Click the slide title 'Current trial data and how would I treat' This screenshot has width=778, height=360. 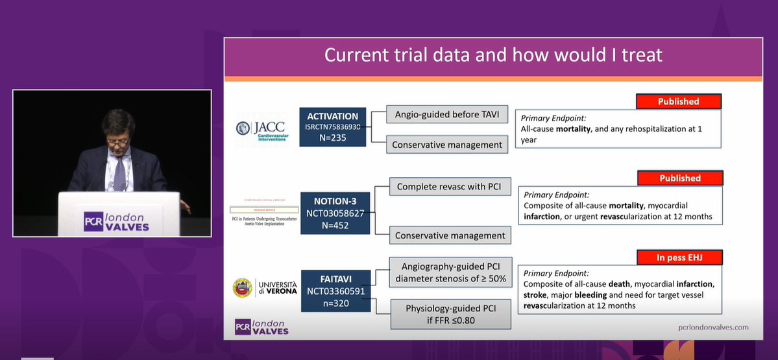(x=493, y=54)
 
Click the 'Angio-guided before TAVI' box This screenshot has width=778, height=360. (x=447, y=115)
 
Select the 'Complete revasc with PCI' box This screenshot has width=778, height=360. (x=450, y=187)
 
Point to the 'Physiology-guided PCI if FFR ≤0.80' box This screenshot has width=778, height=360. (x=450, y=314)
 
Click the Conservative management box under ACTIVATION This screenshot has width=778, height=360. (x=447, y=145)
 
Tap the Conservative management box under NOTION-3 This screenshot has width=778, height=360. (x=450, y=235)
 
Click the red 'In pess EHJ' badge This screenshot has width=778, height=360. (x=679, y=258)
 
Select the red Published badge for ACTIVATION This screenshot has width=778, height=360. (x=679, y=101)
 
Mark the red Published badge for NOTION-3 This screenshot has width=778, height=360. (x=679, y=178)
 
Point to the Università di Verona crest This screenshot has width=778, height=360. (x=243, y=288)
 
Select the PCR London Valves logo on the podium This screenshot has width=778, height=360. (x=116, y=221)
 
